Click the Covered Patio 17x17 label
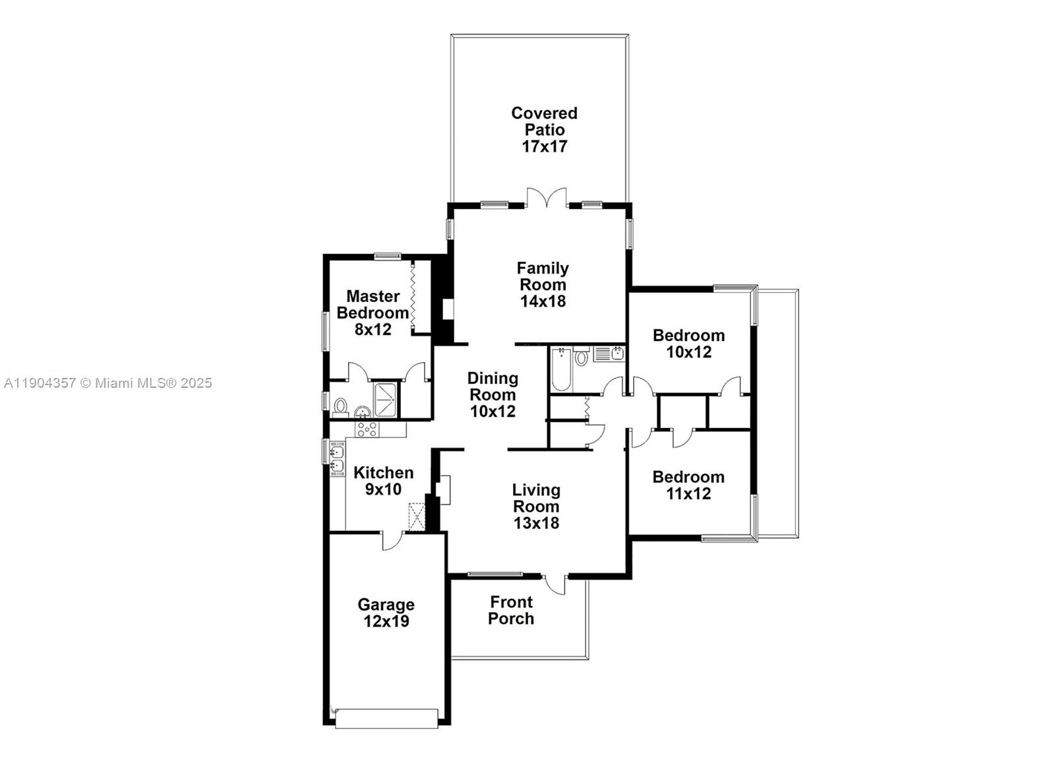point(544,130)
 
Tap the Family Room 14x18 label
point(543,284)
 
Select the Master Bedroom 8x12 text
point(373,313)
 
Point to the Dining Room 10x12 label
point(493,394)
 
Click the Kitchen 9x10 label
point(383,481)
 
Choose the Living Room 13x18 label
point(536,506)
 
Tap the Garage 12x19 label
point(386,613)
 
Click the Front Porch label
point(511,610)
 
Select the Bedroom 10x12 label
point(688,343)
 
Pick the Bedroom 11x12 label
point(688,485)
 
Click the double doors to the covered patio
point(547,198)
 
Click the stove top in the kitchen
point(367,429)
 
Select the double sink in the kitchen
point(337,459)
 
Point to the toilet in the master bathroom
point(340,406)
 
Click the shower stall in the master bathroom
point(385,400)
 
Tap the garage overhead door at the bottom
point(386,719)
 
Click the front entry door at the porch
point(555,584)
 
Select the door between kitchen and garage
point(392,539)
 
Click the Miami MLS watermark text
point(108,383)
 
